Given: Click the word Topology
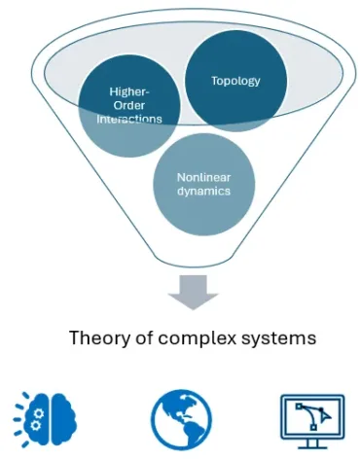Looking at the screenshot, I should tap(235, 81).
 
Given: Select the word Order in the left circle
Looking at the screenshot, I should tap(122, 106).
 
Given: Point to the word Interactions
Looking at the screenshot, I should tap(122, 119).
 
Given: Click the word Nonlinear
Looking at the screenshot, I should tap(203, 178).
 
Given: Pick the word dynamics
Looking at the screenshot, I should tap(203, 192).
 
